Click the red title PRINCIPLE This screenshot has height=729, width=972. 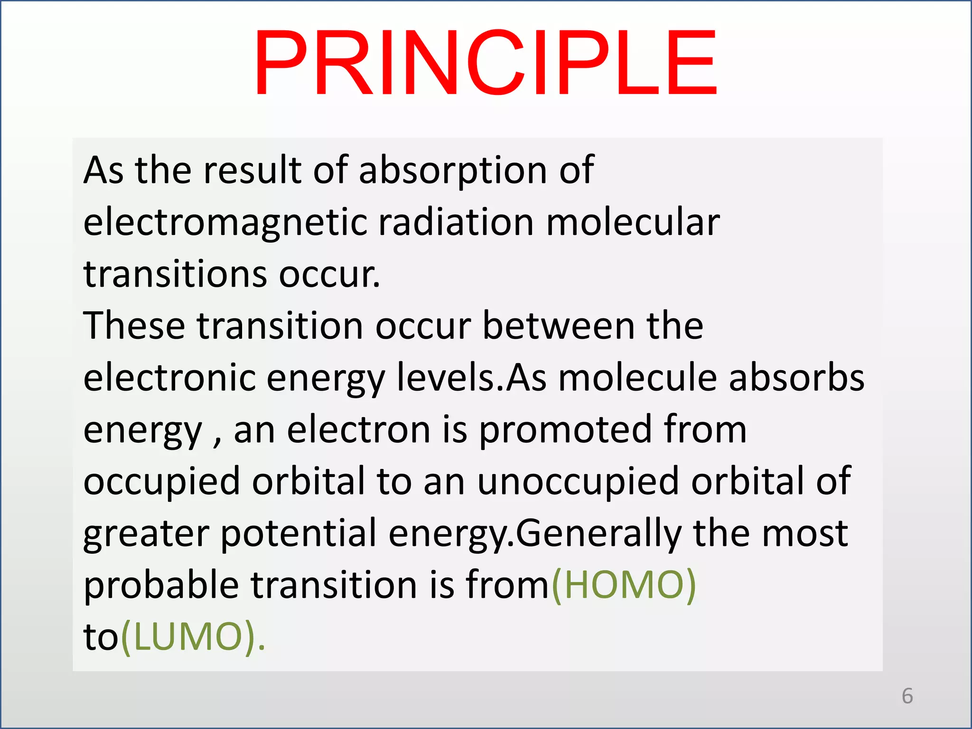pos(485,63)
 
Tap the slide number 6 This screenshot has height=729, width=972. pos(907,696)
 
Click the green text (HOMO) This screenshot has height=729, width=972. pos(623,585)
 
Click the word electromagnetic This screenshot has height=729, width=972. pos(225,223)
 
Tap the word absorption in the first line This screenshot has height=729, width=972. pos(453,170)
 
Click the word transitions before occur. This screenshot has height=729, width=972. pos(175,274)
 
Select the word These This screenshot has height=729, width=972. pos(134,326)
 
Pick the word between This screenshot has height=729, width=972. pos(559,326)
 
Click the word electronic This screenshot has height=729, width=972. pos(169,378)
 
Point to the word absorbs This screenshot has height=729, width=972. pos(796,378)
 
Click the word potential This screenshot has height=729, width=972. pos(299,533)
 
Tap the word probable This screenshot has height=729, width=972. pos(161,585)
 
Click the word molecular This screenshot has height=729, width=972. pos(633,223)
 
